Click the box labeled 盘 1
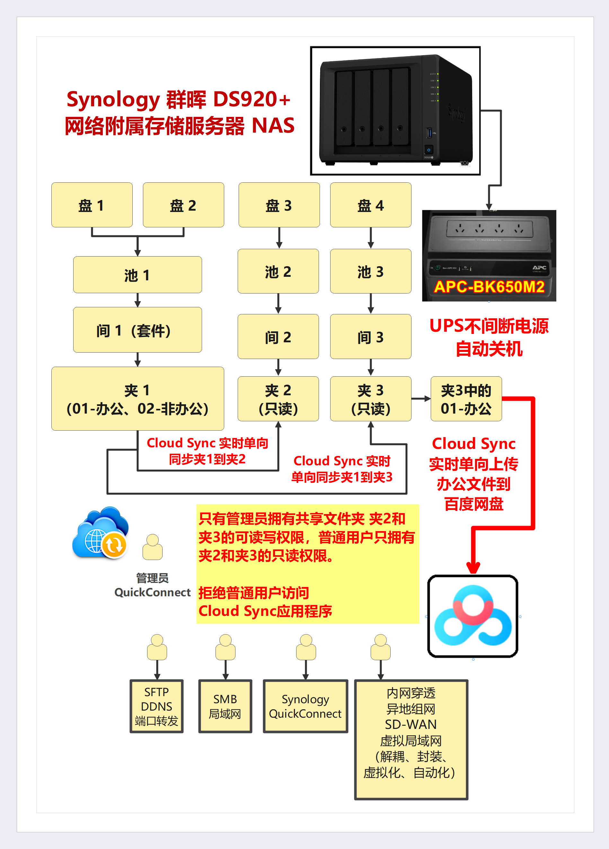(92, 205)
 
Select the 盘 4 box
(370, 205)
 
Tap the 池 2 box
(278, 271)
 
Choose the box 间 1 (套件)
(137, 330)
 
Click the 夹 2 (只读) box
(278, 399)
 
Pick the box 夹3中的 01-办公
(466, 399)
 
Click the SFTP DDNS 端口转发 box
(156, 706)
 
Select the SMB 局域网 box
(225, 706)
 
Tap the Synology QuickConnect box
(305, 706)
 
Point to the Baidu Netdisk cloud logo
(473, 616)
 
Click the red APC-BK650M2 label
(489, 287)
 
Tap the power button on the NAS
(428, 150)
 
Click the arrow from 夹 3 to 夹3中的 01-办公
(421, 399)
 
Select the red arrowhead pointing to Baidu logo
(473, 567)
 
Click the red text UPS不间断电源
(489, 326)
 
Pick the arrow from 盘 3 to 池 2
(279, 238)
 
